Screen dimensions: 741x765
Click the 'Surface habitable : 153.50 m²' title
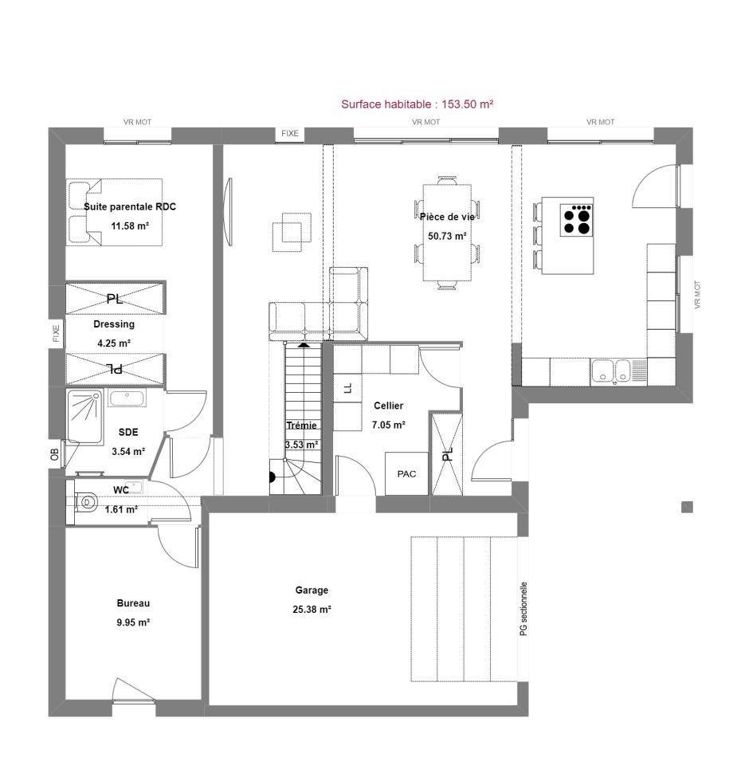(x=417, y=104)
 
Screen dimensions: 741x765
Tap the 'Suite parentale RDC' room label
(x=130, y=206)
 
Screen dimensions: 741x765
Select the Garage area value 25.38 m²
(x=312, y=610)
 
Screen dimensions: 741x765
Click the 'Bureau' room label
(x=133, y=603)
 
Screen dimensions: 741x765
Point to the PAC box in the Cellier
(x=406, y=473)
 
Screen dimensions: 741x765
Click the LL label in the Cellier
(x=347, y=388)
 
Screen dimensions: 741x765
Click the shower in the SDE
(x=85, y=416)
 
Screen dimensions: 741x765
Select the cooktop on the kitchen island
(x=576, y=220)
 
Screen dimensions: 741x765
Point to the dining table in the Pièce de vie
(x=447, y=233)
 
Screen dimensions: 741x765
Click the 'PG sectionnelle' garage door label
(x=523, y=608)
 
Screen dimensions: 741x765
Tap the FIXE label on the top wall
(x=290, y=133)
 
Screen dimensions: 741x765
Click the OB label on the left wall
(x=54, y=454)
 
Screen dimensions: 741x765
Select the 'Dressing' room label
(x=114, y=324)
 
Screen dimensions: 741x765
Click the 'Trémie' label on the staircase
(x=301, y=426)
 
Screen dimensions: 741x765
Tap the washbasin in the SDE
(x=127, y=398)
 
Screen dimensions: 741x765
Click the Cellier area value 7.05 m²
(x=388, y=425)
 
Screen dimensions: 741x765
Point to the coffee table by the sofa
(x=292, y=232)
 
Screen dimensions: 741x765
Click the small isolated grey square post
(x=687, y=507)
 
